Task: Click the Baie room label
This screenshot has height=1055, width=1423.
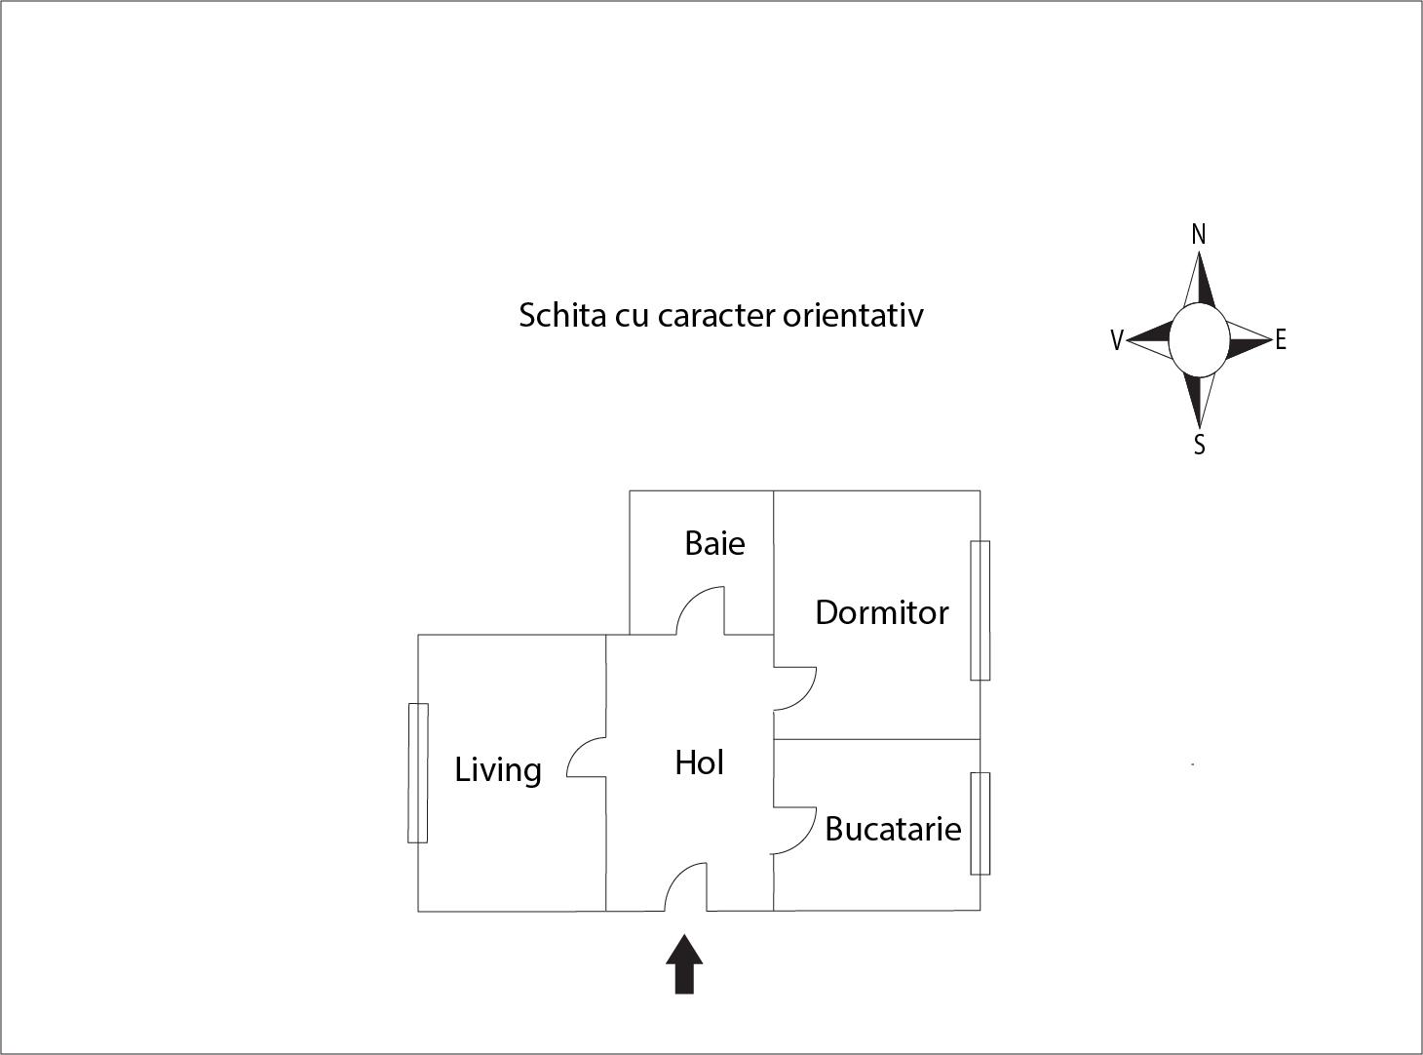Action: (x=714, y=543)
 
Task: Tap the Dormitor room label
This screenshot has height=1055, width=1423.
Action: (x=881, y=612)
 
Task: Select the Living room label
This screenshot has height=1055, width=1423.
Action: (x=498, y=770)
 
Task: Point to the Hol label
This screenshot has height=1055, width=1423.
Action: (x=699, y=762)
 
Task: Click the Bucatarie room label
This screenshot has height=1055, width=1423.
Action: (x=893, y=829)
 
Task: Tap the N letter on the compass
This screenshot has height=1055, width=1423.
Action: (x=1199, y=234)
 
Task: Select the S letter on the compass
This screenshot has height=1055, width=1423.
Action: (x=1199, y=446)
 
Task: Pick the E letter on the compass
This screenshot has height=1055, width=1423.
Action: (x=1281, y=339)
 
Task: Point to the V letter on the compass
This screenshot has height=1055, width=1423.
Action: (x=1117, y=340)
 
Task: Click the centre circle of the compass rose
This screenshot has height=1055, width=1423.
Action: (x=1199, y=339)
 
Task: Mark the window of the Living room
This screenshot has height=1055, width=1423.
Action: (x=417, y=772)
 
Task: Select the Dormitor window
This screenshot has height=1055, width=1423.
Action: (x=980, y=610)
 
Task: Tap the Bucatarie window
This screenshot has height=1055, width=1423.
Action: (x=980, y=824)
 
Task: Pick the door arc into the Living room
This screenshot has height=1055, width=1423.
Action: (x=585, y=757)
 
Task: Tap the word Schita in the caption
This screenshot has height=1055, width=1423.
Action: (x=561, y=315)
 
